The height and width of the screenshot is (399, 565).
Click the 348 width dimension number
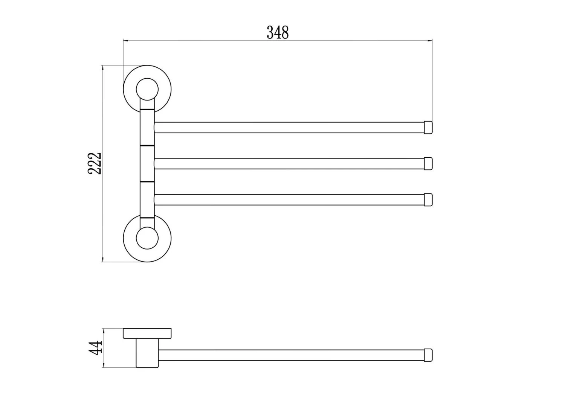[278, 32]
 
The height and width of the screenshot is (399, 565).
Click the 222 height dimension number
[95, 163]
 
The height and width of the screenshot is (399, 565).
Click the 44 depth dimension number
[96, 347]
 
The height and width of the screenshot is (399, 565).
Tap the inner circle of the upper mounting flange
[147, 78]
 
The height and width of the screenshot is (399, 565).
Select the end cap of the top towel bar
[428, 128]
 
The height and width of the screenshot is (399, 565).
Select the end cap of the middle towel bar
[428, 164]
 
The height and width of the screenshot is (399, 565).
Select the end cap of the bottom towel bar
[428, 200]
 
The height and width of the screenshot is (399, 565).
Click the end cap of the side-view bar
[428, 355]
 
